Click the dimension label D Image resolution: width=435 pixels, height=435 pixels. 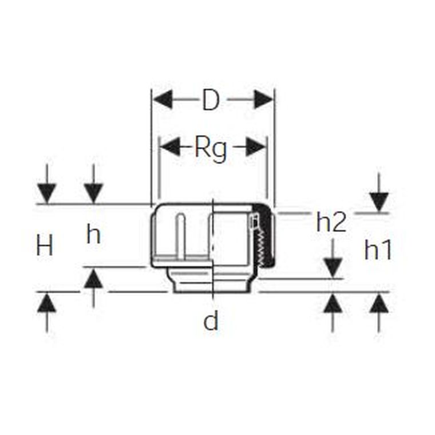tap(211, 100)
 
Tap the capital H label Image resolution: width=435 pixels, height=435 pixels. tap(45, 245)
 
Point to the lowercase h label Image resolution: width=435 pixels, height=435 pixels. tap(93, 234)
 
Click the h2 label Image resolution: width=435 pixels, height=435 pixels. tap(331, 222)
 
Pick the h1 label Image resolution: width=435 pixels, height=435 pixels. tap(378, 250)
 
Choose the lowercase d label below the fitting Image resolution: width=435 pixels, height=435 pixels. tap(211, 321)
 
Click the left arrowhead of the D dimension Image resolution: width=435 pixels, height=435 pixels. tap(163, 99)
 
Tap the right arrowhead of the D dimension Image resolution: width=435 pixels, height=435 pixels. tap(263, 99)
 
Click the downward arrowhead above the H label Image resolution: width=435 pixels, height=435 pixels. tap(47, 193)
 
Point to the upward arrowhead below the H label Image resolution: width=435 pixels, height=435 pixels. tap(47, 303)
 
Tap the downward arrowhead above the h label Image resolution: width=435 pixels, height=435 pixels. tap(93, 193)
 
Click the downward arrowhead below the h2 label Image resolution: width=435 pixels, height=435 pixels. tap(333, 268)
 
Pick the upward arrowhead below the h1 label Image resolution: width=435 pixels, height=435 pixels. tap(379, 303)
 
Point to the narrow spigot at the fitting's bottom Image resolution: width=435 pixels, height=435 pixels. tap(213, 280)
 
